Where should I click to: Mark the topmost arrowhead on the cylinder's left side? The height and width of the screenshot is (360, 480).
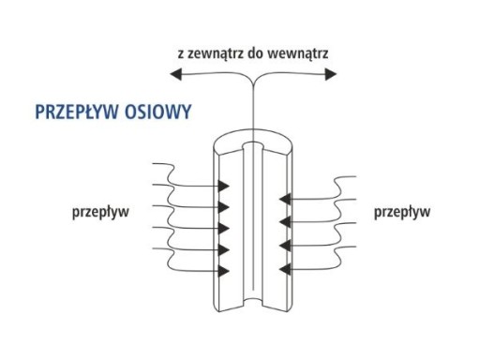(224, 185)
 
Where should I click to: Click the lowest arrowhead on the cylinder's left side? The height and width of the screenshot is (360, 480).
(224, 271)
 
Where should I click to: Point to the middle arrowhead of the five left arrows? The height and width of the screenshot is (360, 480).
(224, 228)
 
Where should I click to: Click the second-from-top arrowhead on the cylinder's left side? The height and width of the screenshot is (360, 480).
(224, 206)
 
